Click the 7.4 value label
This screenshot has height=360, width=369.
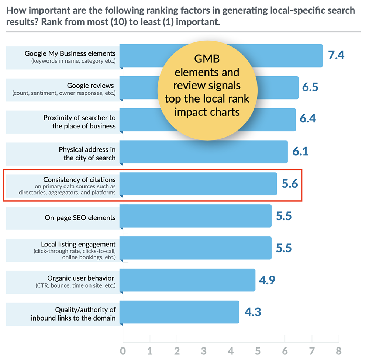336,55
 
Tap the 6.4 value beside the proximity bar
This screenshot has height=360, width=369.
308,119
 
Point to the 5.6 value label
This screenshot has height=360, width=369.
290,184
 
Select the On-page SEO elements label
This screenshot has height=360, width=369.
80,218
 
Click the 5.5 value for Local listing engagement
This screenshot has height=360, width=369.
284,248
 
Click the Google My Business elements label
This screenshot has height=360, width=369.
70,54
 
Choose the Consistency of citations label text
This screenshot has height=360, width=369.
79,180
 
